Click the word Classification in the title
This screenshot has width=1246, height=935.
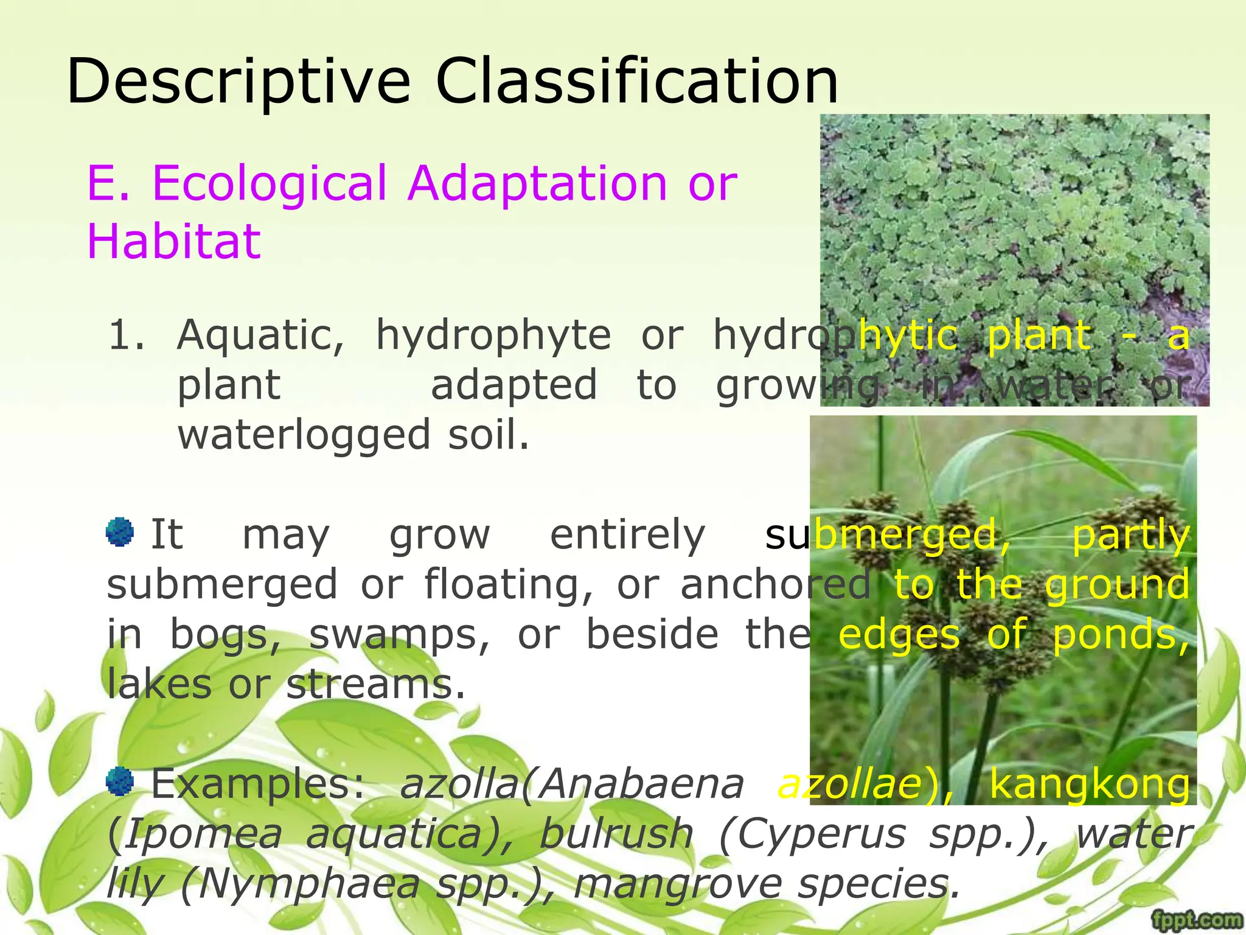[x=636, y=81]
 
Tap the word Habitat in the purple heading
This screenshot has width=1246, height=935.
[x=174, y=241]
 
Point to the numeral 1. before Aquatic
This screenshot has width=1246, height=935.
[x=127, y=335]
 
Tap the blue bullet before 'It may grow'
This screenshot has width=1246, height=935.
[x=120, y=532]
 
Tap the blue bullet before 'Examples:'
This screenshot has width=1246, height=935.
[x=120, y=782]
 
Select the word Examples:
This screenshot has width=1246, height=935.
[x=258, y=784]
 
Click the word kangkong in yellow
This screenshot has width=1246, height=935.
[x=1089, y=784]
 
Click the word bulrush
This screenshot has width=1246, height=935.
[x=616, y=834]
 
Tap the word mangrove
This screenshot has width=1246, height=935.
[x=678, y=884]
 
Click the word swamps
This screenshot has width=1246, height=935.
[x=399, y=635]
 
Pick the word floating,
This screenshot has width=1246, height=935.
[x=509, y=585]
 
